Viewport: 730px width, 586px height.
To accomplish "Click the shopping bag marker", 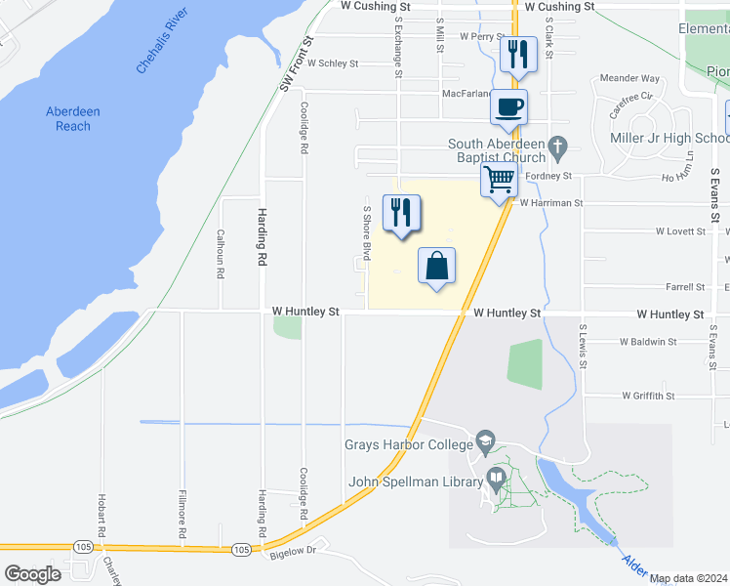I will tap(437, 266).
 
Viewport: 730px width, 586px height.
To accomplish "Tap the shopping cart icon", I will tap(499, 180).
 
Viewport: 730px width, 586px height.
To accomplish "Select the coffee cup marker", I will tap(507, 106).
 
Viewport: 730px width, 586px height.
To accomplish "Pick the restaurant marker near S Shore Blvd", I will tap(401, 213).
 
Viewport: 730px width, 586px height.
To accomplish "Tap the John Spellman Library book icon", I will tap(496, 481).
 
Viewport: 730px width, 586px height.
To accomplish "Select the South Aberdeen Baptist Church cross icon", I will tap(557, 149).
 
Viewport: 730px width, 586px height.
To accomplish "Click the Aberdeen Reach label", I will tap(73, 119).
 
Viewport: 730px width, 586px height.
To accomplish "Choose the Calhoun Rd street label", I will tap(222, 254).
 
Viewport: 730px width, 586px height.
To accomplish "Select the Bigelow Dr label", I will tap(298, 551).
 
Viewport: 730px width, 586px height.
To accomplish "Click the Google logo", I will tap(32, 573).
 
